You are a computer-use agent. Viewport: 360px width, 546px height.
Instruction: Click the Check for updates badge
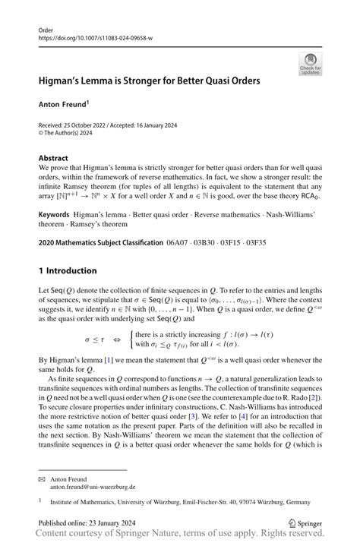click(310, 64)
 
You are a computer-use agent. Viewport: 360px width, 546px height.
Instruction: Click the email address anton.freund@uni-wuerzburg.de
click(92, 487)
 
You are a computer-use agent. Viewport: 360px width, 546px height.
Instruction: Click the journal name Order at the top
click(46, 29)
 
